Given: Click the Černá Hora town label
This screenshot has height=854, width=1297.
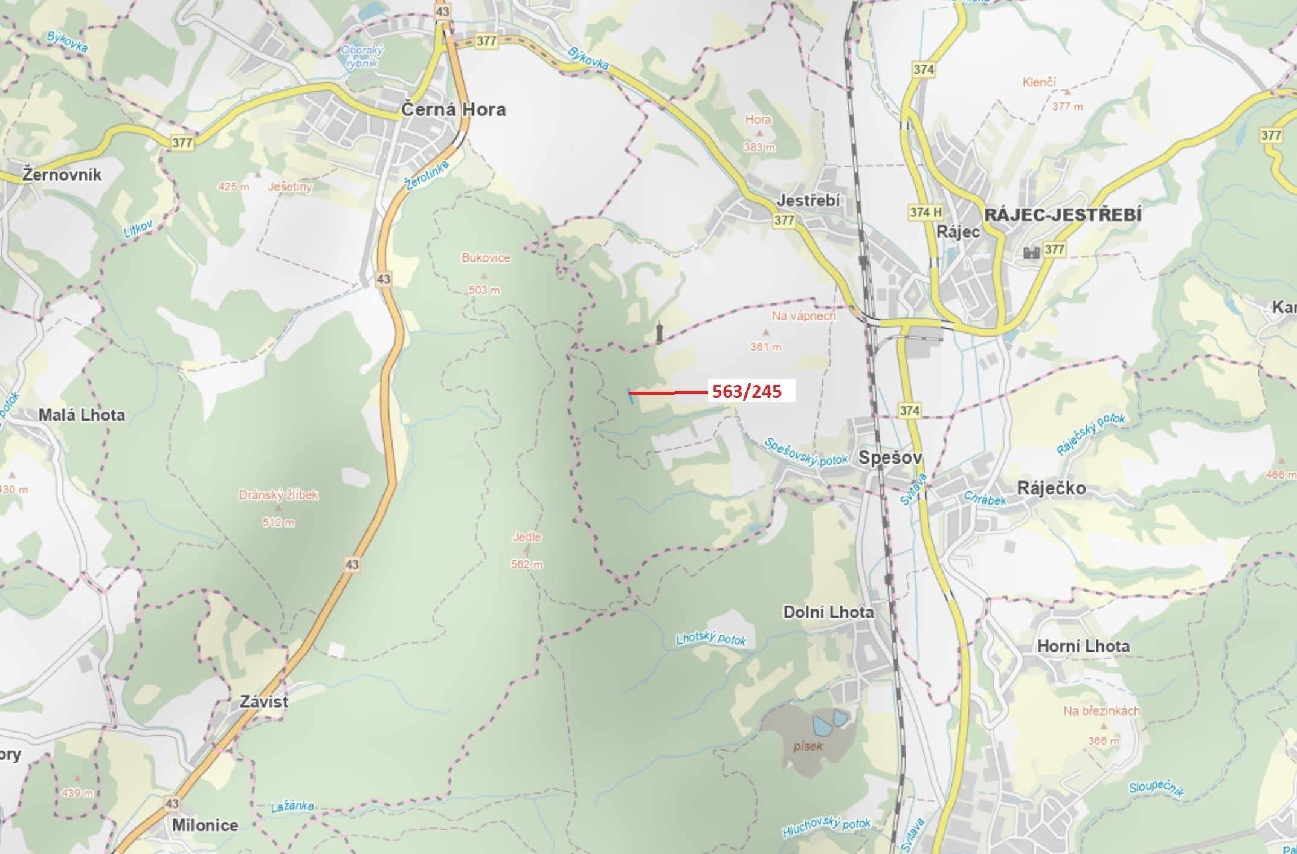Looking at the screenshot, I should [x=453, y=109].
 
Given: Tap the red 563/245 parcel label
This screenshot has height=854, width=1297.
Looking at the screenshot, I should [x=747, y=392].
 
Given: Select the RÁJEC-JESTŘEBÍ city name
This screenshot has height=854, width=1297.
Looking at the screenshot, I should [x=1063, y=215].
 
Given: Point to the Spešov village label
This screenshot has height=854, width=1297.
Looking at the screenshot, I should [x=890, y=458].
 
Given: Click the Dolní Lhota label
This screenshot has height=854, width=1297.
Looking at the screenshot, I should [x=828, y=612].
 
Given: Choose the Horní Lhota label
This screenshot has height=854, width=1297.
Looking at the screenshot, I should [x=1083, y=646].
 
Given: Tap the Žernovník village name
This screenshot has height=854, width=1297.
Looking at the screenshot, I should [x=62, y=175].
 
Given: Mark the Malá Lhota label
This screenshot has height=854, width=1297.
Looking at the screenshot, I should [x=82, y=415].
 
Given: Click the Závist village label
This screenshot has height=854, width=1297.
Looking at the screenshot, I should [x=264, y=702].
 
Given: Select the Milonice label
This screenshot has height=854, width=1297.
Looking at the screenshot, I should [x=205, y=825].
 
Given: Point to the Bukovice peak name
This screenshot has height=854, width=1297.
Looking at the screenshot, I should [x=486, y=258].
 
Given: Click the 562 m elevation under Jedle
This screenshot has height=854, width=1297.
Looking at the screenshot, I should [x=527, y=564].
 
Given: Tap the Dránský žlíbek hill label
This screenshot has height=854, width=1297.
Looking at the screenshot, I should [x=278, y=495].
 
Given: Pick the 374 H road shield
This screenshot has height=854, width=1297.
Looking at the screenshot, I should [x=925, y=212].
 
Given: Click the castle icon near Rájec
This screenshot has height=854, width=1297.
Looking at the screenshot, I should [x=1031, y=251].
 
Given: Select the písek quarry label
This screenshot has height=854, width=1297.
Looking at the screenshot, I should [x=808, y=746].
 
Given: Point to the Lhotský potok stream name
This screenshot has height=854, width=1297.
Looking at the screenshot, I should [x=711, y=638].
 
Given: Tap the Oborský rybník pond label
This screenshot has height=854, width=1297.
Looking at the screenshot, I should [x=362, y=56].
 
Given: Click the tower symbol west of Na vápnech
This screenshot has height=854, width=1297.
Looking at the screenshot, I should [x=660, y=332].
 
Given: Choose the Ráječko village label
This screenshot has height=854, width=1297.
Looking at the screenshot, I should [x=1051, y=488].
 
